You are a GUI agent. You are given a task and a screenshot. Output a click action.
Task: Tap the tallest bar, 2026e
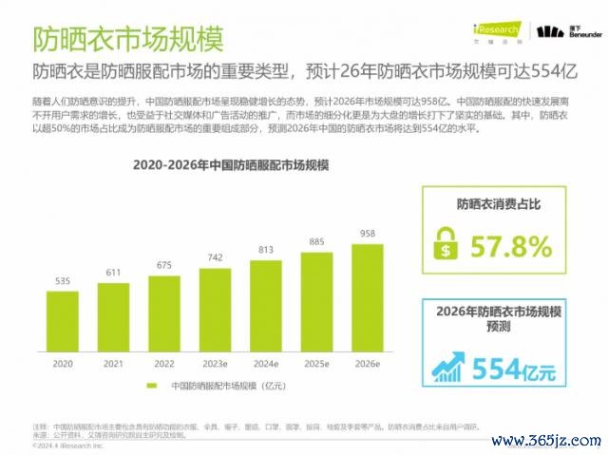(367, 292)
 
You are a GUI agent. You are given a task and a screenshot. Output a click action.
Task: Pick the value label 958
(367, 233)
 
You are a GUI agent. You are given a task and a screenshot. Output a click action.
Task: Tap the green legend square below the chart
(152, 385)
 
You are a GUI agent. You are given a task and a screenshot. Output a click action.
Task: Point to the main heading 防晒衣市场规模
(128, 41)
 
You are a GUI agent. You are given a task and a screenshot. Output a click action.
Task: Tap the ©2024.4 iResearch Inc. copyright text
(69, 444)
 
